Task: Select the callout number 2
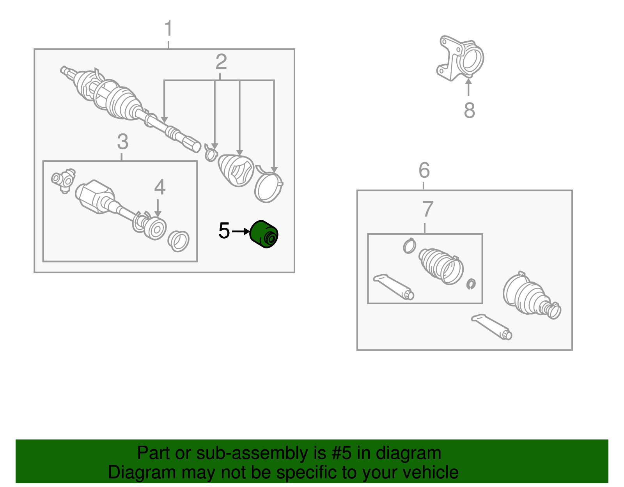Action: click(221, 62)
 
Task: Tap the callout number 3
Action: click(122, 142)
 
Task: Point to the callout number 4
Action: click(160, 187)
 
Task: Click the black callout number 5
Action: click(224, 230)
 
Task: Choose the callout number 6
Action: click(424, 170)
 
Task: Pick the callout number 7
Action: click(428, 209)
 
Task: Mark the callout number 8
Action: click(470, 110)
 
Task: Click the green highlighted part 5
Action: click(264, 234)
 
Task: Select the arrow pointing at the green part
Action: click(241, 231)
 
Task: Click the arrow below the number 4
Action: click(158, 208)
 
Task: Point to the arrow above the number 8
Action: click(468, 87)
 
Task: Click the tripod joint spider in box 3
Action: click(64, 181)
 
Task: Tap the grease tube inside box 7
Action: click(394, 287)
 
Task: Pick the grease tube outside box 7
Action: click(492, 327)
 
